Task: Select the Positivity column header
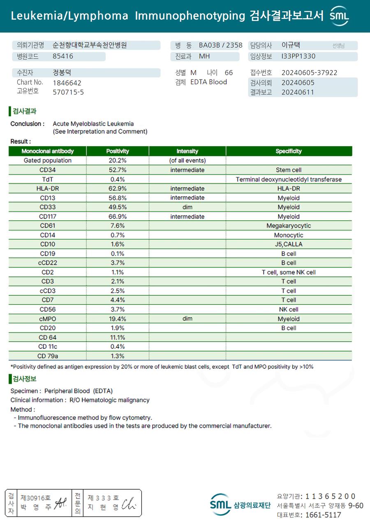[x=118, y=151]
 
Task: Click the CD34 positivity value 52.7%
[x=118, y=170]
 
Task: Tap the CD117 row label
[x=48, y=216]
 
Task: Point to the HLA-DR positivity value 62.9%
[x=118, y=189]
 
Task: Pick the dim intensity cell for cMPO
[x=187, y=319]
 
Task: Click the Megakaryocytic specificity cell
[x=289, y=226]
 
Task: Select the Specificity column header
[x=289, y=151]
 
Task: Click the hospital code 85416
[x=63, y=57]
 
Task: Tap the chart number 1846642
[x=67, y=83]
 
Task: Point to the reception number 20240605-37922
[x=309, y=73]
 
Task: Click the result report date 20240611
[x=298, y=92]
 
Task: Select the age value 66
[x=229, y=73]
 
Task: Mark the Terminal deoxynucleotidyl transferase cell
[x=289, y=179]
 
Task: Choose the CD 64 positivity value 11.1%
[x=118, y=338]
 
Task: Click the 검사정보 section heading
[x=24, y=379]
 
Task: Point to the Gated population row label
[x=48, y=161]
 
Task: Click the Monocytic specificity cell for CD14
[x=289, y=235]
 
